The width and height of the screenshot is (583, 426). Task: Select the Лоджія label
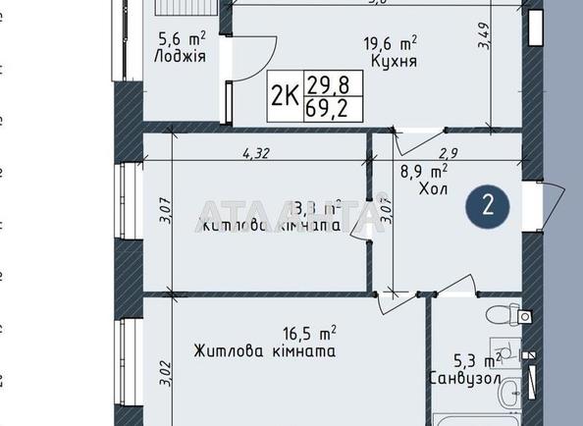click(x=180, y=57)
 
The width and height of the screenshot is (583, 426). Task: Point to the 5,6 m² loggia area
click(x=182, y=39)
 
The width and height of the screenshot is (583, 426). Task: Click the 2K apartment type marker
click(x=285, y=94)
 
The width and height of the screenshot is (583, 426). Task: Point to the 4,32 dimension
click(x=256, y=152)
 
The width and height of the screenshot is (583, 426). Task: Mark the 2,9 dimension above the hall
click(x=449, y=152)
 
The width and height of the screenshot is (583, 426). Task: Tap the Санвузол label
click(x=466, y=377)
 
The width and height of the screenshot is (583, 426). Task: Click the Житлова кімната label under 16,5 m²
click(x=265, y=351)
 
